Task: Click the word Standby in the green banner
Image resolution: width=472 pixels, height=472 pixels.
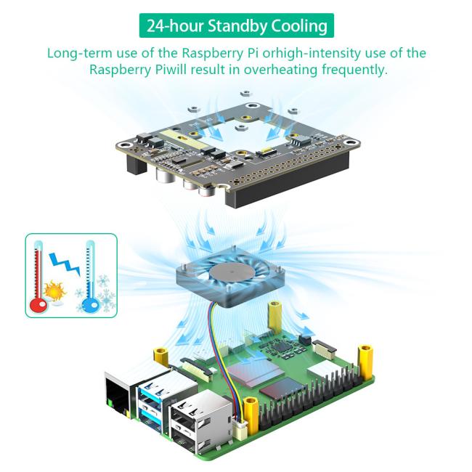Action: click(x=237, y=26)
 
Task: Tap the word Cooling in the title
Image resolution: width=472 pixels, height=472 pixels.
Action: click(x=299, y=26)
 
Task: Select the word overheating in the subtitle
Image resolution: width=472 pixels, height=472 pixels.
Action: click(x=280, y=70)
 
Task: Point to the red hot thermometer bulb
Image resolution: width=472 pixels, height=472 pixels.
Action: click(x=38, y=306)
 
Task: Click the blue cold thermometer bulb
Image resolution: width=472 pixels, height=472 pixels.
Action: click(x=90, y=306)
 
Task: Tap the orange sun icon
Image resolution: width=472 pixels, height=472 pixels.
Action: click(x=54, y=290)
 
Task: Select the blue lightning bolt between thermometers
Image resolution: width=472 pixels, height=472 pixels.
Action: click(x=65, y=264)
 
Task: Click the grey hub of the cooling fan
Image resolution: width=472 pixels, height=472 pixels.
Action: click(x=230, y=271)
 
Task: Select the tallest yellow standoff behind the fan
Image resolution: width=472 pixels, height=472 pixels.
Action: click(x=275, y=317)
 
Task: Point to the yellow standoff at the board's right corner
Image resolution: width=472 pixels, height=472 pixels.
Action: click(x=365, y=362)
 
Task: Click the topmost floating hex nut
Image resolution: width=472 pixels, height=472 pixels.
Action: click(x=246, y=93)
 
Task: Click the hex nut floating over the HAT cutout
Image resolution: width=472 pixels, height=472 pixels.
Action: click(x=240, y=128)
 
